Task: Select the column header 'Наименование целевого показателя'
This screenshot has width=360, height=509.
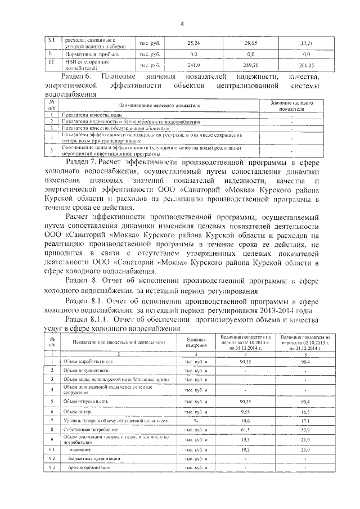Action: [x=159, y=106]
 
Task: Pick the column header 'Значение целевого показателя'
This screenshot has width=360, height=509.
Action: [x=292, y=106]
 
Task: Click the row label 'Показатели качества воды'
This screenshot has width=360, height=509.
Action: [x=93, y=115]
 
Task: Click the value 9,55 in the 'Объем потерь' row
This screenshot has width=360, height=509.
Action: [x=245, y=412]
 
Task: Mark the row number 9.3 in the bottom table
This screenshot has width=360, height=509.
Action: [x=52, y=468]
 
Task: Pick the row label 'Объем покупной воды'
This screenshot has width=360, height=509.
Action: [x=90, y=370]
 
